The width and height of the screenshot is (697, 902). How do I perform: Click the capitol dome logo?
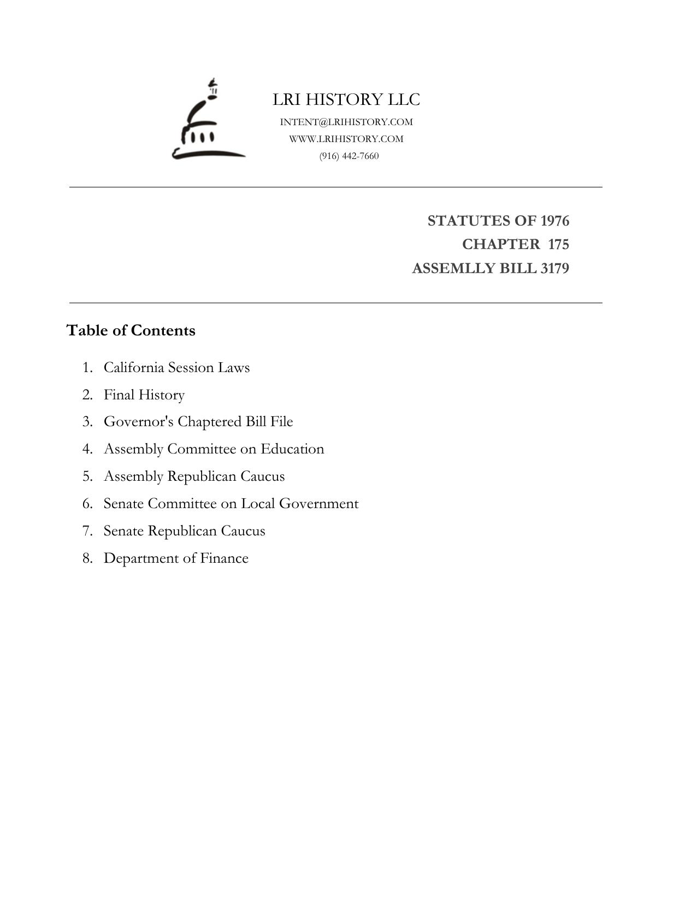208,120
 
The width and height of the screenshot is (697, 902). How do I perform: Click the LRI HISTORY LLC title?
346,99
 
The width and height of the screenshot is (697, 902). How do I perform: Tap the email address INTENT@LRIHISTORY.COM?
346,122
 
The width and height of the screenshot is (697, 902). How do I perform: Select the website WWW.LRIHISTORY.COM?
346,139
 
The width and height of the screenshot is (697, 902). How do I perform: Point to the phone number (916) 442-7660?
349,156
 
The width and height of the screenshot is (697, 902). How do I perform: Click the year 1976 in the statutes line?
554,221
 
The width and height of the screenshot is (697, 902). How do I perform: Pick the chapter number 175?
558,244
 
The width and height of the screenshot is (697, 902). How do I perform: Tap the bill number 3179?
554,269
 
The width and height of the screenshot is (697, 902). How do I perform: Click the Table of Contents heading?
131,331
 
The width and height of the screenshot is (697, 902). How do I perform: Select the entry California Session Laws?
176,367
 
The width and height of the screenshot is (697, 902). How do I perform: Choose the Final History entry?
144,394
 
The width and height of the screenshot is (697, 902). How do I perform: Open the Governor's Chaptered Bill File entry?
198,422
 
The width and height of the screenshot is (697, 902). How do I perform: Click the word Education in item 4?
292,449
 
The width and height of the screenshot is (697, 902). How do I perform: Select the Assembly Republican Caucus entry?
194,476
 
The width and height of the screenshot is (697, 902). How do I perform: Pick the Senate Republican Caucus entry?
184,531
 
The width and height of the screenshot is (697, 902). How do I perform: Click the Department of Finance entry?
176,558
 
